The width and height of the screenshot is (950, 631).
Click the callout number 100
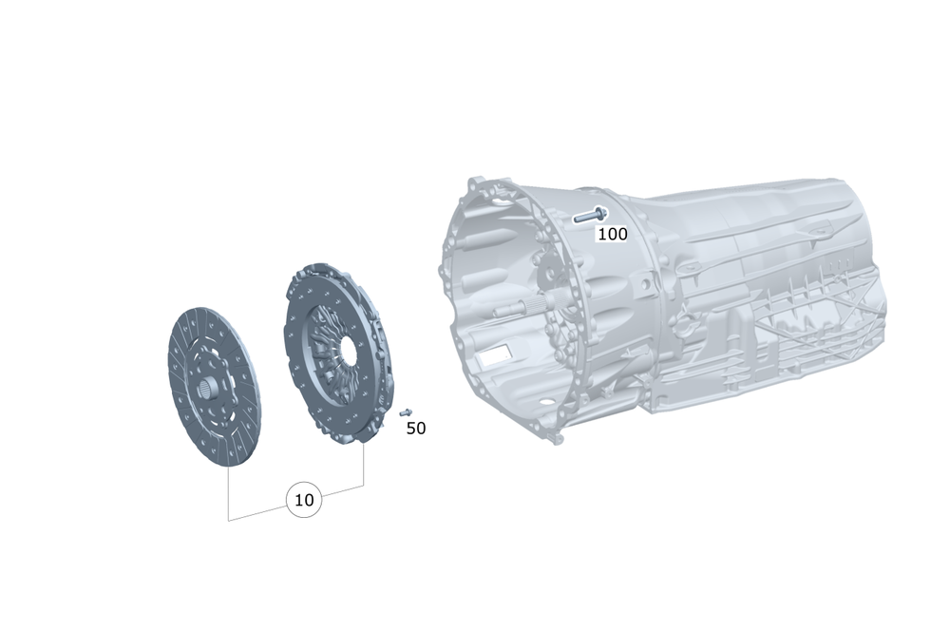[x=613, y=234]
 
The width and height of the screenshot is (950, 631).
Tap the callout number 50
[x=416, y=429]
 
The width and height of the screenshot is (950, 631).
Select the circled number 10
[x=304, y=500]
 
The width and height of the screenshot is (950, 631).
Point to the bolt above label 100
[x=591, y=215]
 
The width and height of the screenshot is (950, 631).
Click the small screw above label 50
[x=406, y=412]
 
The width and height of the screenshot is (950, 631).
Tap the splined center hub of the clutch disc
[x=209, y=387]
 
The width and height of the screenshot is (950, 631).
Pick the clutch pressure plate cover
[x=337, y=354]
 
